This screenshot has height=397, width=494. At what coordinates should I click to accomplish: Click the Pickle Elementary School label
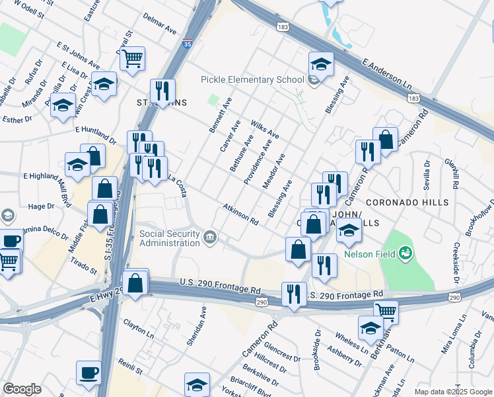point(252,80)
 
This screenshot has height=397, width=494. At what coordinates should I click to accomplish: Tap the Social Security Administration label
point(170,238)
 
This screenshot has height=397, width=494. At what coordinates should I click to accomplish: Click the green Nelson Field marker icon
point(406,251)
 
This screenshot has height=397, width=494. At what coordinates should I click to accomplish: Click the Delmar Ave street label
point(162,30)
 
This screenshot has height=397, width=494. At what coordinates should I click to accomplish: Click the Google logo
point(22,389)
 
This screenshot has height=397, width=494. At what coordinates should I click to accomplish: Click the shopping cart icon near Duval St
point(132,59)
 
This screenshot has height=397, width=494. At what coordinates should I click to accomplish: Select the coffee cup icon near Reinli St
point(88,373)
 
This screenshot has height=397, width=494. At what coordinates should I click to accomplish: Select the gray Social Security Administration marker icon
point(210,237)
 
